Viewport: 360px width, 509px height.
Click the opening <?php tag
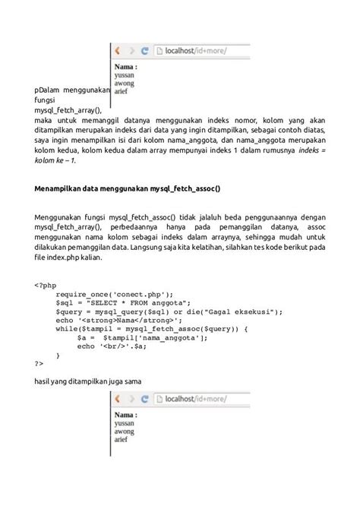[45, 286]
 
